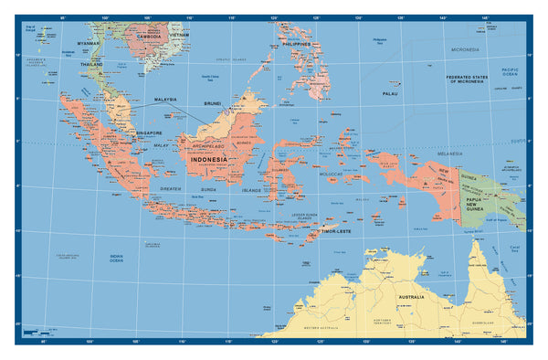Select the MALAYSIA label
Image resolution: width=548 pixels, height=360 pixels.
[x=164, y=101]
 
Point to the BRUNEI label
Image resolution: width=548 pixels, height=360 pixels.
[x=213, y=103]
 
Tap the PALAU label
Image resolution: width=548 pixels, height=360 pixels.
[x=390, y=93]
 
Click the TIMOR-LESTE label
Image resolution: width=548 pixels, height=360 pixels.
[x=337, y=231]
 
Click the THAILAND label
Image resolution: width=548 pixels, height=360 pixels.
[x=91, y=65]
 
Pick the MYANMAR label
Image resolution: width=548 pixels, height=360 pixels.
[x=89, y=43]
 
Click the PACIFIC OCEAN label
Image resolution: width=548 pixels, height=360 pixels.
[x=510, y=71]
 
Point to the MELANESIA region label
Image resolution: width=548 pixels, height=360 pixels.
[x=449, y=154]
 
